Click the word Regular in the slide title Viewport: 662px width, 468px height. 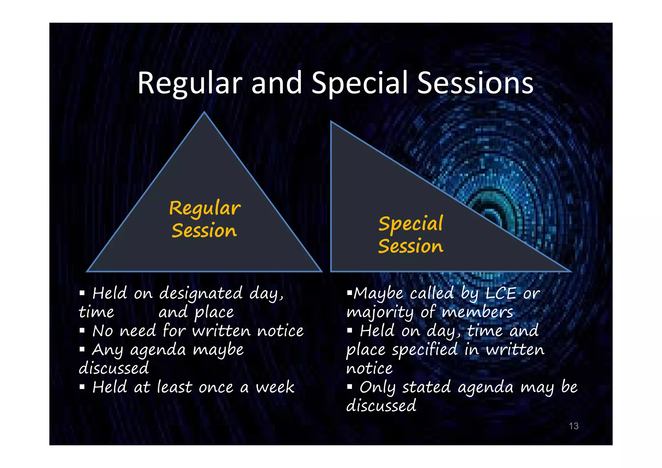pyautogui.click(x=190, y=83)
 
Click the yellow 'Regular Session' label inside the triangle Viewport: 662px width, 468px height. pyautogui.click(x=205, y=219)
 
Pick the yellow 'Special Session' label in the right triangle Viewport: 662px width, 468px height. pyautogui.click(x=411, y=235)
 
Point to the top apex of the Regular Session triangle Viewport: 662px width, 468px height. pyautogui.click(x=204, y=113)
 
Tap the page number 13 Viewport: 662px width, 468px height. pyautogui.click(x=573, y=426)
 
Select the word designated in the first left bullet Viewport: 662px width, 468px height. pyautogui.click(x=201, y=293)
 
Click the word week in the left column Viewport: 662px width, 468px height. pyautogui.click(x=275, y=387)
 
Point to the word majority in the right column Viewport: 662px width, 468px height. pyautogui.click(x=380, y=312)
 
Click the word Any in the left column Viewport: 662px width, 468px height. pyautogui.click(x=107, y=350)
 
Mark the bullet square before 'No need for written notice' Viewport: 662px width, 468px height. pyautogui.click(x=82, y=331)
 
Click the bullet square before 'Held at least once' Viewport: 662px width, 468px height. pyautogui.click(x=82, y=387)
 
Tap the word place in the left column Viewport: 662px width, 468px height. pyautogui.click(x=214, y=312)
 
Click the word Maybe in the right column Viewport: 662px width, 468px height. pyautogui.click(x=378, y=293)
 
